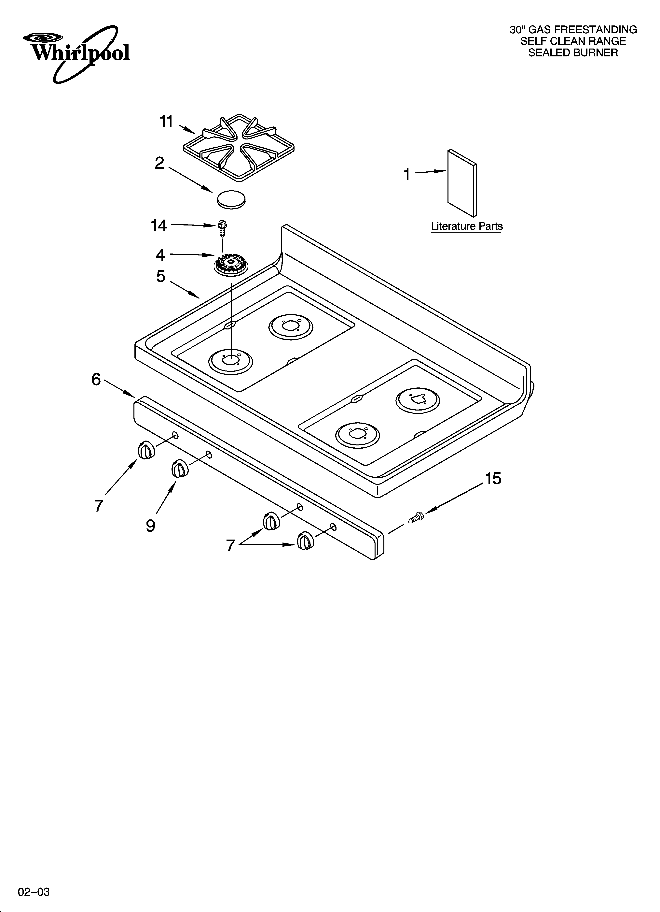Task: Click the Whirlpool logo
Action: coord(76,52)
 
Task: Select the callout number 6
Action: coord(96,379)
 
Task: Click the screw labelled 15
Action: coord(415,518)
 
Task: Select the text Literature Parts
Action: coord(467,226)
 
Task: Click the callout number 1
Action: coord(407,175)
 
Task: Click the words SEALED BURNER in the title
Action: coord(573,53)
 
